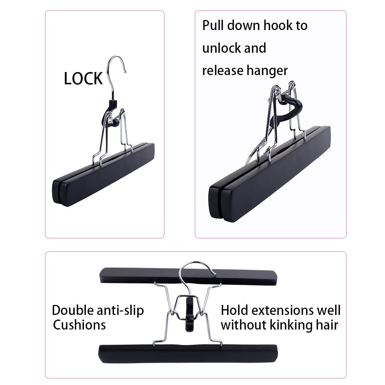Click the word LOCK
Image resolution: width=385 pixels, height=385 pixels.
[83, 79]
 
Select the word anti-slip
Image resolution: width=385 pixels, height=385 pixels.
[122, 310]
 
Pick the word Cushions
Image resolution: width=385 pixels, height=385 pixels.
[79, 325]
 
